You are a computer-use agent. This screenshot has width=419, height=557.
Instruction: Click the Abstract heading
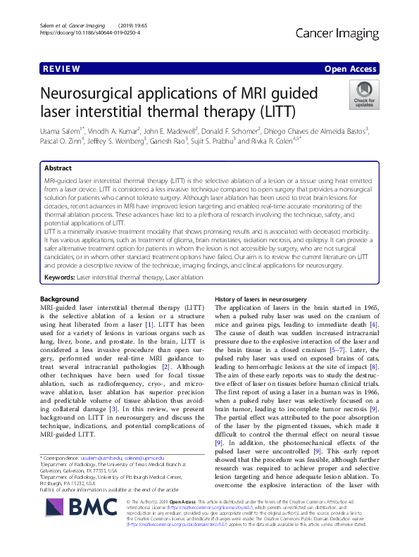58,169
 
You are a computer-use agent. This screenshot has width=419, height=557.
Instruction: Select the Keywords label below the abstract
58,278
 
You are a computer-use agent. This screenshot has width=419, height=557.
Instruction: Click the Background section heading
60,299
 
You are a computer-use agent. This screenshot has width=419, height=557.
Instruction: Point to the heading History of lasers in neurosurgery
260,299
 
